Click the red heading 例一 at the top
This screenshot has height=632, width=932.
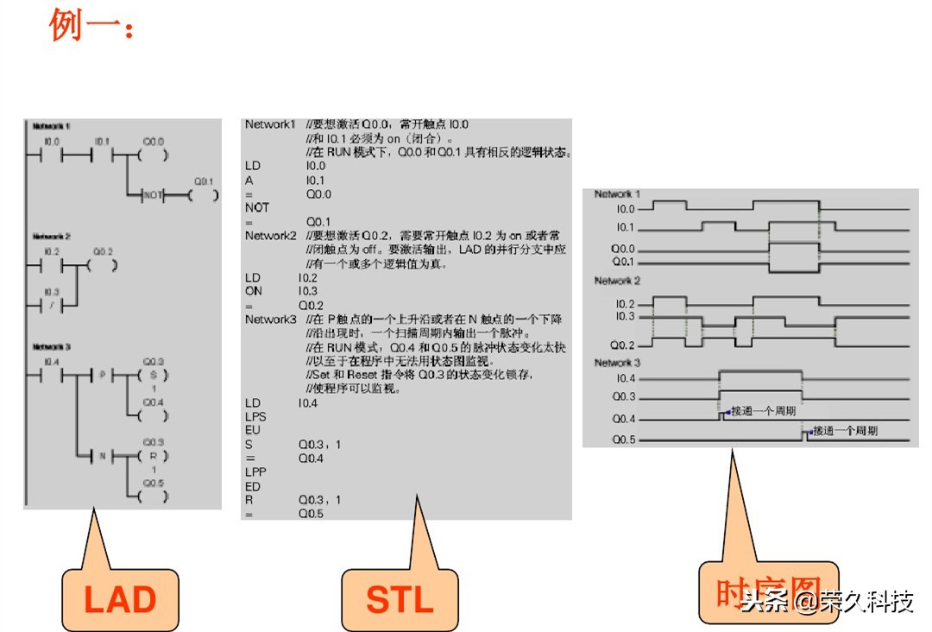click(91, 26)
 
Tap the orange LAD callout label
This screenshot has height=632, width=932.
click(119, 599)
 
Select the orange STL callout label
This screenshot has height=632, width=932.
click(400, 599)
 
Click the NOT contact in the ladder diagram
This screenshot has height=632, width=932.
click(153, 195)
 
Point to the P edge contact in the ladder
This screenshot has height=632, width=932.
click(103, 376)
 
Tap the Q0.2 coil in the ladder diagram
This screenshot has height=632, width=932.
click(103, 263)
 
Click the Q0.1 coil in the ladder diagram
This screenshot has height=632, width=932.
click(203, 195)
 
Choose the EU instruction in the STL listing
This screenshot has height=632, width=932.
click(253, 430)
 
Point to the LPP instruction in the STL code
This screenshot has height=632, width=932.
click(255, 472)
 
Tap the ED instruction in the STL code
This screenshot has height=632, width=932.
click(253, 486)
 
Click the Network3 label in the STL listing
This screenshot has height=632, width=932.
click(270, 319)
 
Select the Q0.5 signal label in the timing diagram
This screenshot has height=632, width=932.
click(625, 439)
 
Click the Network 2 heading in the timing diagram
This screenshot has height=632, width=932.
click(617, 281)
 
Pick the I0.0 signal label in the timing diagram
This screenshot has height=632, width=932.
click(625, 209)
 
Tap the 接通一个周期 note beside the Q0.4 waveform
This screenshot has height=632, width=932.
click(764, 410)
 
